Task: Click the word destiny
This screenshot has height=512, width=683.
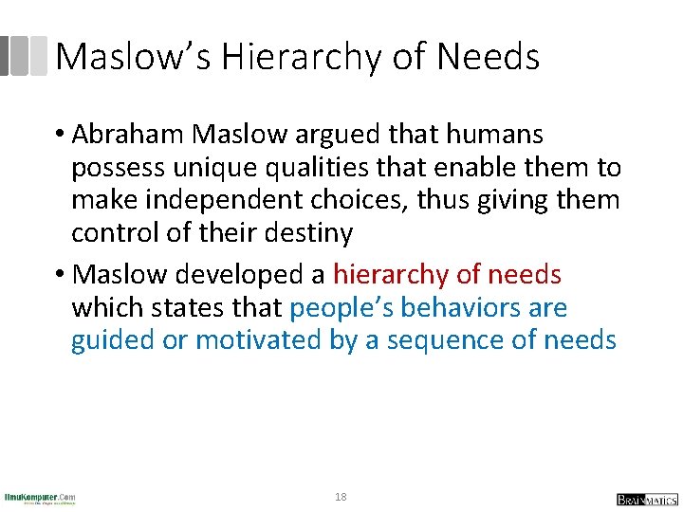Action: (x=303, y=232)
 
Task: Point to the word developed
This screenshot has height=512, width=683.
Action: (x=236, y=275)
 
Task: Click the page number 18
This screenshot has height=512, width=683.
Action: (x=341, y=497)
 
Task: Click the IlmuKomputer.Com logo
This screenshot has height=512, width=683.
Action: (x=40, y=498)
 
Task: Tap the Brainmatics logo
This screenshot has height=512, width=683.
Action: (x=647, y=499)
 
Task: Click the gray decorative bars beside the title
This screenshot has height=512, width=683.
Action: (x=24, y=56)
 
